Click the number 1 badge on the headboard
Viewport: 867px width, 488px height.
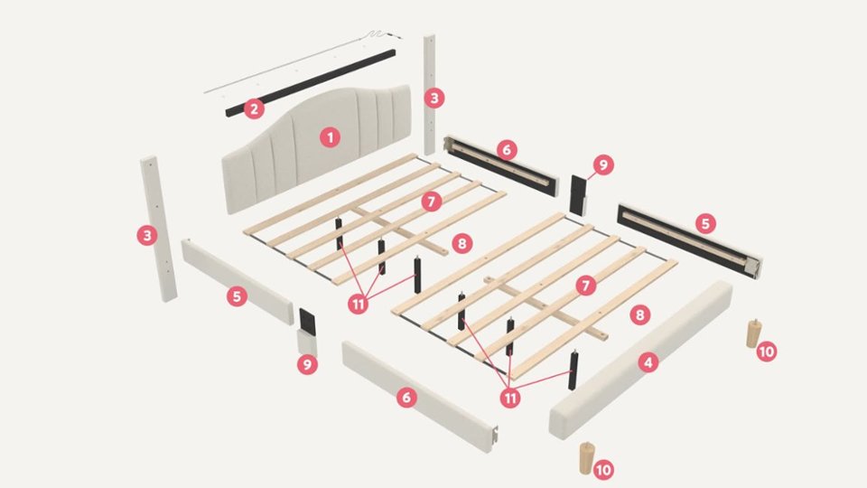331,137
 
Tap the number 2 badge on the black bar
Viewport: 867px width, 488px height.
254,108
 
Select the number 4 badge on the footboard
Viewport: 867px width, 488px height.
648,362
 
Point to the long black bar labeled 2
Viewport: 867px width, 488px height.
310,83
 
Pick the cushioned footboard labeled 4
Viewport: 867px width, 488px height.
641,360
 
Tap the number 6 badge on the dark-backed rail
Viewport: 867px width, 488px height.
507,149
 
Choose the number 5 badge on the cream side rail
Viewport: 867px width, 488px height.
237,296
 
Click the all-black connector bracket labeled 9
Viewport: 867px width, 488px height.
578,195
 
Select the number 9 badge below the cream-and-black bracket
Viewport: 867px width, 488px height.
307,364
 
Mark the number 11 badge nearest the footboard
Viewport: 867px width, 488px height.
509,398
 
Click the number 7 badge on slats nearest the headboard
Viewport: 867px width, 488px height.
432,202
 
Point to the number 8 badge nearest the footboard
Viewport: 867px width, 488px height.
639,314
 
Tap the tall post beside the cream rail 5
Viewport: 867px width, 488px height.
159,229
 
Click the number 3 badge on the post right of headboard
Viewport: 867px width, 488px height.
434,98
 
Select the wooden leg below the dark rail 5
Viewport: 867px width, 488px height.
753,333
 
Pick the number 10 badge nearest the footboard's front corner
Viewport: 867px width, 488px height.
603,470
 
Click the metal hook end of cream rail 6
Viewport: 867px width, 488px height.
496,434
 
